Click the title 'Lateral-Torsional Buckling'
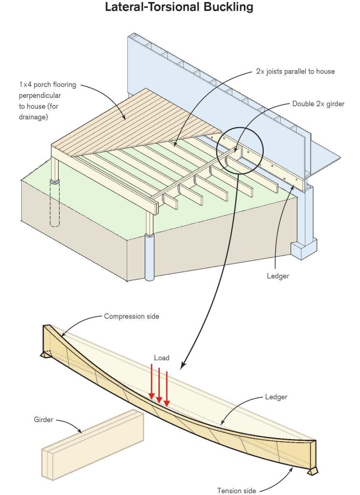[180, 8]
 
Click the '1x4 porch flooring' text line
[42, 86]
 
